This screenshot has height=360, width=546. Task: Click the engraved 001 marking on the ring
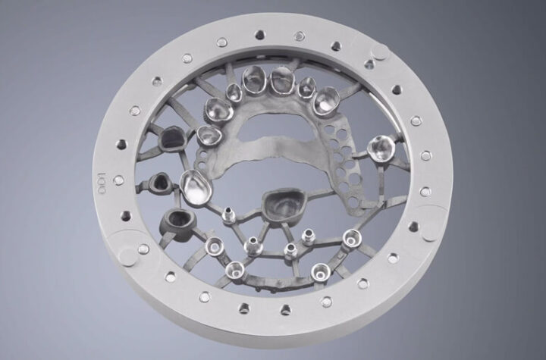(x=102, y=183)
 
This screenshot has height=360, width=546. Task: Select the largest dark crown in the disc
(x=284, y=207)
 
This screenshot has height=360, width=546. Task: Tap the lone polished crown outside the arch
(x=381, y=149)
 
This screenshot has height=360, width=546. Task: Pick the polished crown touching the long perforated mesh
(x=327, y=100)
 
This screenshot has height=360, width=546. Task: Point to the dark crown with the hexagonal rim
(x=173, y=138)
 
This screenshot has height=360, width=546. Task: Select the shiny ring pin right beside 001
(x=118, y=180)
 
